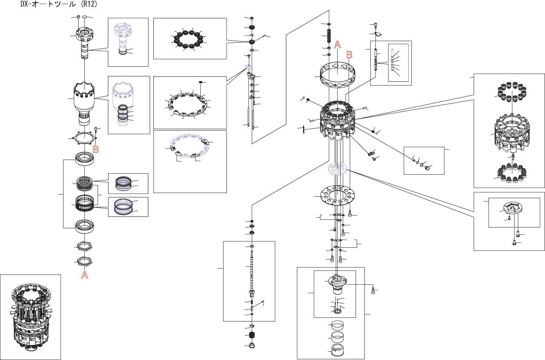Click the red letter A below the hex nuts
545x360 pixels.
[84, 275]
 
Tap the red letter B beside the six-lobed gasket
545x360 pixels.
[96, 149]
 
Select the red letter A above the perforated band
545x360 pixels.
[338, 44]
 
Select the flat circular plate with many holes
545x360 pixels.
[338, 195]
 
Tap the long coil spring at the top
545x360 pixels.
[329, 36]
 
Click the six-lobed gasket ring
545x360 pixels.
[84, 138]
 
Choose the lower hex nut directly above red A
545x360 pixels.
[84, 262]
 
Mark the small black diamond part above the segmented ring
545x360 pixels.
[201, 82]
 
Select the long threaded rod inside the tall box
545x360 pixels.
[252, 275]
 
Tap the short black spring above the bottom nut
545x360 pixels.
[252, 335]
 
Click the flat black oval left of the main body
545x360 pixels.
[304, 129]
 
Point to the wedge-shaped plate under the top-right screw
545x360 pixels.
[378, 34]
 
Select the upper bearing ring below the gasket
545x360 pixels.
[84, 159]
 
